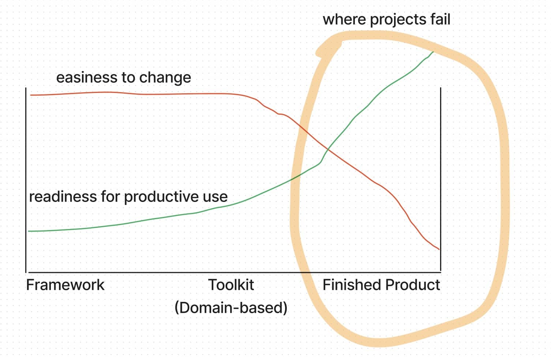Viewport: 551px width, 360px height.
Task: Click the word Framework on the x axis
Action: (65, 285)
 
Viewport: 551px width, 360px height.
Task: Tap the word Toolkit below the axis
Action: (231, 285)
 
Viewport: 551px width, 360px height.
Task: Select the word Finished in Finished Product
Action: (352, 285)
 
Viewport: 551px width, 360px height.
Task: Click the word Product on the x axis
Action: (413, 285)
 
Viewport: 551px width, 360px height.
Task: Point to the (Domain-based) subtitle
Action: (231, 308)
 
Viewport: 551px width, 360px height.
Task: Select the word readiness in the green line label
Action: (63, 197)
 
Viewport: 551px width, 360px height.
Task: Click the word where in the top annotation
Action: (344, 19)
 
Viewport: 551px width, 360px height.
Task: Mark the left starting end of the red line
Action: (31, 95)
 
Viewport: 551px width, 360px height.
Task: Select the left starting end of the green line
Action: (29, 231)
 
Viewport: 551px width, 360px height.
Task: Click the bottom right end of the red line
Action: (439, 250)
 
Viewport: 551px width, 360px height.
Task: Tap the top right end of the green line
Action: (433, 52)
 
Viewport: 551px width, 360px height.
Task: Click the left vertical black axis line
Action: (26, 180)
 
